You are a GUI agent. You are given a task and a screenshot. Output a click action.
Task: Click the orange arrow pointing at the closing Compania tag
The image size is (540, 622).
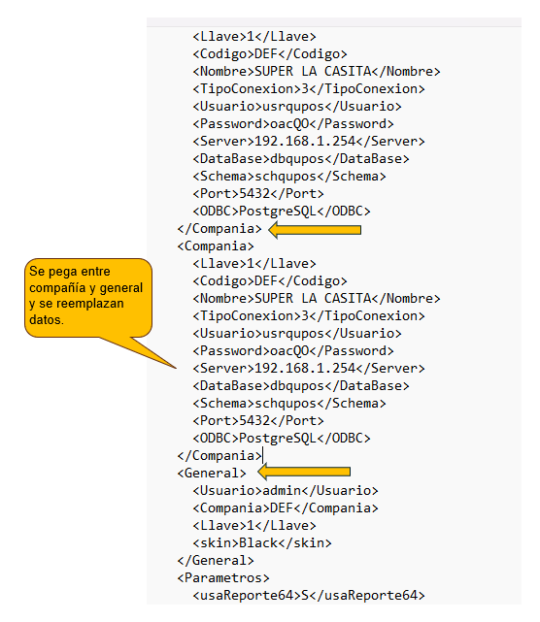pyautogui.click(x=315, y=230)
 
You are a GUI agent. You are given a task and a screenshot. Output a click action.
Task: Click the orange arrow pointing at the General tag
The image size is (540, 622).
pyautogui.click(x=304, y=472)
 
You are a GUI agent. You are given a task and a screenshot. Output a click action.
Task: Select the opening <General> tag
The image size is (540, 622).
pyautogui.click(x=212, y=474)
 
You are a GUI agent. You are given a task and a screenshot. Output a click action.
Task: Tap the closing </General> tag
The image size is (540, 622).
pyautogui.click(x=216, y=561)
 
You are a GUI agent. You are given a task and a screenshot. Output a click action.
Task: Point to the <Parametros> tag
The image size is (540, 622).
pyautogui.click(x=223, y=578)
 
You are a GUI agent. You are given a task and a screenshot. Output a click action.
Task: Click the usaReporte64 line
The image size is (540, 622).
pyautogui.click(x=309, y=596)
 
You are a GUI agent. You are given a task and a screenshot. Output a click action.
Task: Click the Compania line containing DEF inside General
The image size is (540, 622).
pyautogui.click(x=286, y=508)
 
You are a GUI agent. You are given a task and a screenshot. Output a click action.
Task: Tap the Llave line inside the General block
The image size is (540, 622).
pyautogui.click(x=254, y=526)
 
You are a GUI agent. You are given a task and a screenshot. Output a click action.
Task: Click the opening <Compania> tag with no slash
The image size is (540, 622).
pyautogui.click(x=216, y=246)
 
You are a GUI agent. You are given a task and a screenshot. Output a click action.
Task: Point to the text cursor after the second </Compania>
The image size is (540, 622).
pyautogui.click(x=263, y=455)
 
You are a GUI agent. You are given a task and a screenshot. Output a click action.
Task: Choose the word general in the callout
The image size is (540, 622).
pyautogui.click(x=121, y=288)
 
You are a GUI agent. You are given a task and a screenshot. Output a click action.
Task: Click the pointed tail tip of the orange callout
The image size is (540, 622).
pyautogui.click(x=176, y=368)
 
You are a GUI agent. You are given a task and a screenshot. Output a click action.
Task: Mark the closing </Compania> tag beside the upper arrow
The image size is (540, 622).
pyautogui.click(x=219, y=229)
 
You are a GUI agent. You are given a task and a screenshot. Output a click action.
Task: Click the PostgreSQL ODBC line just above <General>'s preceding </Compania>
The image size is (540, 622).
pyautogui.click(x=282, y=439)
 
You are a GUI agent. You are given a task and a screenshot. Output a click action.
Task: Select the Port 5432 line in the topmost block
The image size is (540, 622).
pyautogui.click(x=258, y=194)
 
